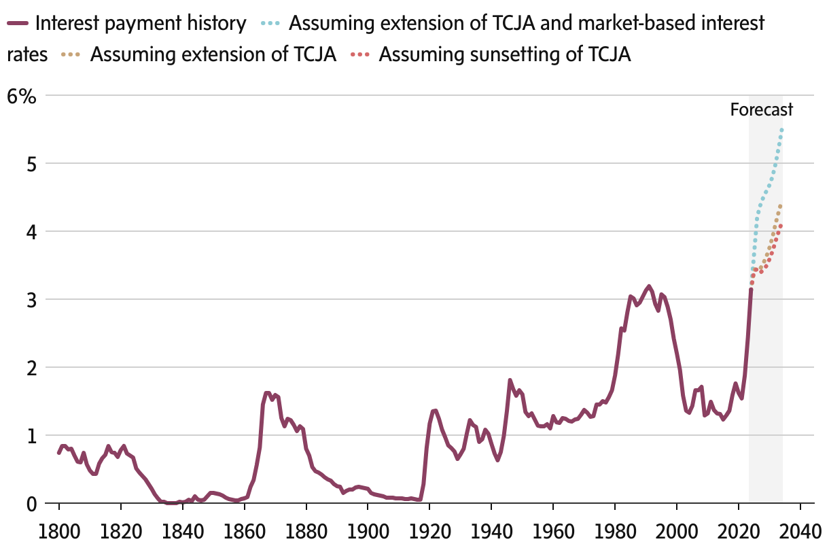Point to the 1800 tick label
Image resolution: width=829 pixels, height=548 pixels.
click(x=59, y=529)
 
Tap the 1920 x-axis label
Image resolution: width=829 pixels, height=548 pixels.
click(x=429, y=529)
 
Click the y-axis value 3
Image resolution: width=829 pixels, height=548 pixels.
click(x=30, y=300)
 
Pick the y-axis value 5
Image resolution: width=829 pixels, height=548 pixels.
click(x=30, y=164)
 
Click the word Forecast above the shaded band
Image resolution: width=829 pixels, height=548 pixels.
click(x=762, y=110)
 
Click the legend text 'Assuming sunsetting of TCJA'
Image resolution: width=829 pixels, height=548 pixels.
click(x=505, y=54)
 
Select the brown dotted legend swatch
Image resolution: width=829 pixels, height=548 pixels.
click(x=70, y=54)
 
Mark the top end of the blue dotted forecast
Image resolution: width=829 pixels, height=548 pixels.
click(x=781, y=129)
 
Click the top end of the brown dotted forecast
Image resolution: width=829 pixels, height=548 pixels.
click(x=780, y=206)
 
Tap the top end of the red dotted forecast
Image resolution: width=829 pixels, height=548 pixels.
click(x=780, y=226)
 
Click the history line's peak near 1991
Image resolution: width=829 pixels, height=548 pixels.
click(x=649, y=286)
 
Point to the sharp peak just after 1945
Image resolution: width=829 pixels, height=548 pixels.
click(x=510, y=380)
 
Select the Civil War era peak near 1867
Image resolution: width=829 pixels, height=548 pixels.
click(x=266, y=392)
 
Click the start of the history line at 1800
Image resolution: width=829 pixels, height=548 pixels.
click(x=59, y=453)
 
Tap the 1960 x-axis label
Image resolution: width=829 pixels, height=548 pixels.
click(x=553, y=529)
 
